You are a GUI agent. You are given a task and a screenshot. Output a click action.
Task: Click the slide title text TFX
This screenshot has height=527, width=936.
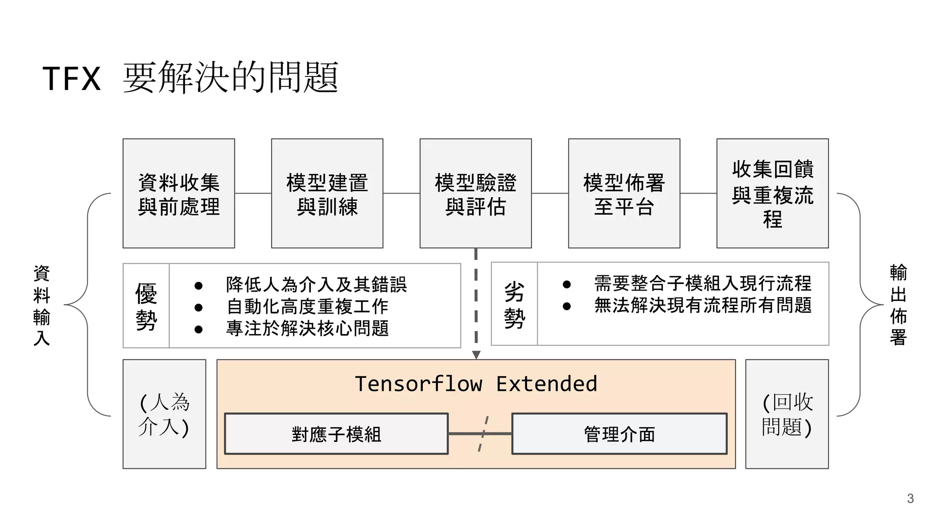72,79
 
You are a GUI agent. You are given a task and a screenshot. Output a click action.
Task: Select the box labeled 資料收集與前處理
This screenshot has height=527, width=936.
179,194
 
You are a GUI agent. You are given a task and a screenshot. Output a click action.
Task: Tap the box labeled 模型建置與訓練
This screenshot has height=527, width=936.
327,194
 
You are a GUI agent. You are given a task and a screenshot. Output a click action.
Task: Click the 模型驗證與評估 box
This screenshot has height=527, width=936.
475,194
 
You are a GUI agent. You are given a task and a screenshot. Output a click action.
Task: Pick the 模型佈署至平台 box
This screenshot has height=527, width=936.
624,194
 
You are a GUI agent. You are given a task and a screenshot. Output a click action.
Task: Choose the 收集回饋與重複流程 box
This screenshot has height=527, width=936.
772,194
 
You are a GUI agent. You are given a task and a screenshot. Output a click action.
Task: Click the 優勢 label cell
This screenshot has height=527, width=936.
146,306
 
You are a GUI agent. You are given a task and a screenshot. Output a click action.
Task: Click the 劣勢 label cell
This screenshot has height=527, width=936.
514,304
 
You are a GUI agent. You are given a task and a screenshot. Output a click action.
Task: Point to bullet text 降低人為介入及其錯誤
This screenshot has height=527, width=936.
316,285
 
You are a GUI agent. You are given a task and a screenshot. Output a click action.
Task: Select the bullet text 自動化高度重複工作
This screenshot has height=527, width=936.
307,307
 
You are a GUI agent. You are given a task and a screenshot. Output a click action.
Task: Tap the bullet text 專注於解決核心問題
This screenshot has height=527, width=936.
307,328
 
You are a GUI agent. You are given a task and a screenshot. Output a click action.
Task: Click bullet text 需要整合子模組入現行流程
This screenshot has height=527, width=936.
702,284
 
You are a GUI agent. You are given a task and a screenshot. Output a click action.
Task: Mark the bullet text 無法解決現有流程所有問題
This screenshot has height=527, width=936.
702,306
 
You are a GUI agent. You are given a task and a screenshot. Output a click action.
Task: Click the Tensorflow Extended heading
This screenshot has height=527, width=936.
476,384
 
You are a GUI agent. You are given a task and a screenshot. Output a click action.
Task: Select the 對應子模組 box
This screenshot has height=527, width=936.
336,434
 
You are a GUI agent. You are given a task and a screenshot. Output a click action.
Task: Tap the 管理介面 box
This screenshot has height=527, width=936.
619,434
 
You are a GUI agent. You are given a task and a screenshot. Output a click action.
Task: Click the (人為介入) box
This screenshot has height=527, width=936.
164,414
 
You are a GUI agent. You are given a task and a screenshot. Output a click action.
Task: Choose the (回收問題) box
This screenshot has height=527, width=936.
787,414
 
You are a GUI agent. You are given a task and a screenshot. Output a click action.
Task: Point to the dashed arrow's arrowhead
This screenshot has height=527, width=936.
476,355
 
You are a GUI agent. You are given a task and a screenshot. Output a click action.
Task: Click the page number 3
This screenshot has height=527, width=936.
910,499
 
